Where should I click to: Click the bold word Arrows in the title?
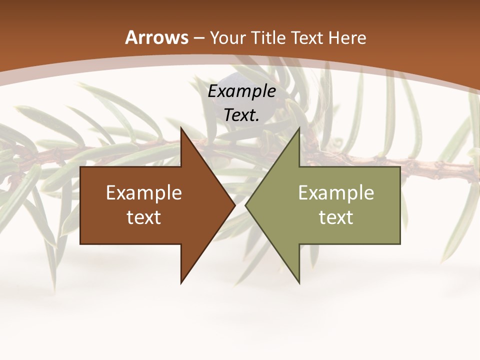click(x=156, y=37)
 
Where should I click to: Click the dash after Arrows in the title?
click(x=199, y=38)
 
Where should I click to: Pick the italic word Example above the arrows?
click(x=241, y=91)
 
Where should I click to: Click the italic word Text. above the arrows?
click(x=241, y=115)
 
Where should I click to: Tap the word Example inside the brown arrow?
click(x=144, y=193)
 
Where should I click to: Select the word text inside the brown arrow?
click(x=144, y=217)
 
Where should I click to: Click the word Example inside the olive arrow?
click(x=336, y=193)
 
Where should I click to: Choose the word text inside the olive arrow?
click(x=336, y=217)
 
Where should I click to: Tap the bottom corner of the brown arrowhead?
click(x=181, y=282)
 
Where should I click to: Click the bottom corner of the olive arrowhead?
click(x=299, y=282)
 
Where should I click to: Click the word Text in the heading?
click(x=307, y=38)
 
